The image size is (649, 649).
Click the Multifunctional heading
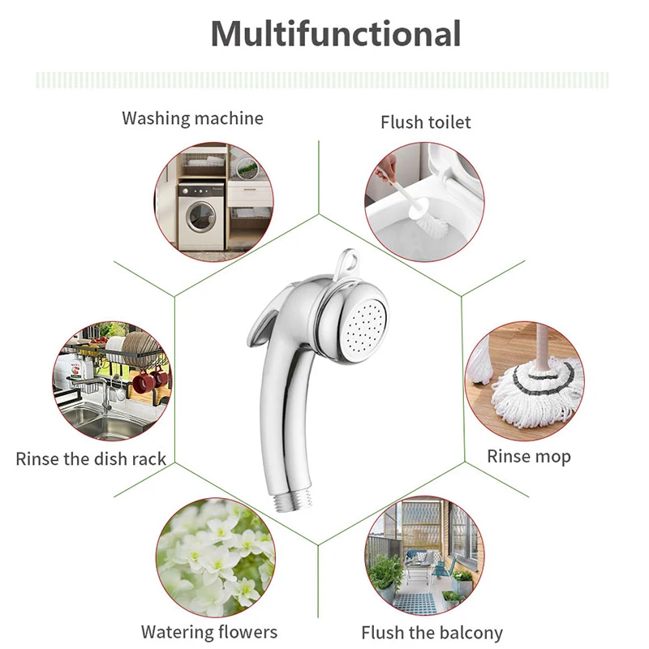pos(335,34)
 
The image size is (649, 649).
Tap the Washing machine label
pos(192,118)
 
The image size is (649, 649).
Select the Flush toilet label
pos(425,122)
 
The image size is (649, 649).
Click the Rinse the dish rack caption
pos(91,459)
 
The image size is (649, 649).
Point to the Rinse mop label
pos(528,457)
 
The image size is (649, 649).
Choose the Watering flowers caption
pos(208,632)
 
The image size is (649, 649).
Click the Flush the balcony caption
pos(432,633)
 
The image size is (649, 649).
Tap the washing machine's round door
pos(200,217)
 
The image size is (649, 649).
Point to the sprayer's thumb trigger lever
pos(269,312)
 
